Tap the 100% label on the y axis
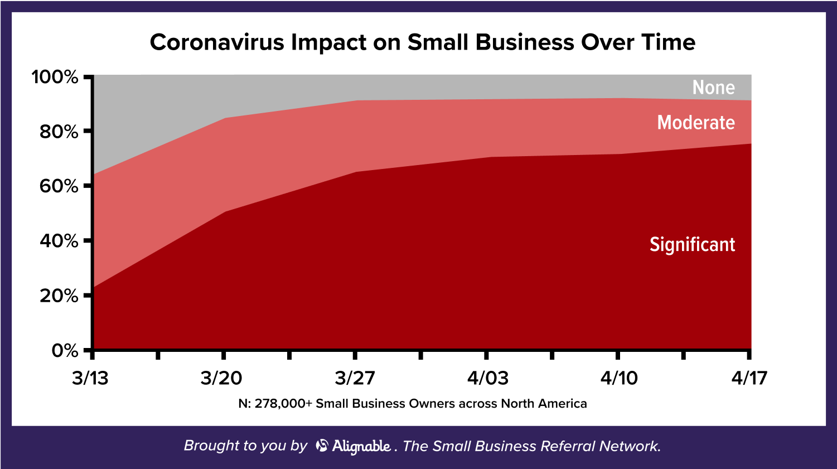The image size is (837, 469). (55, 77)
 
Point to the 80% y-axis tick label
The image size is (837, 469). (59, 132)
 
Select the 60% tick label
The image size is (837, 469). (59, 186)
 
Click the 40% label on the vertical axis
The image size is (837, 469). (59, 241)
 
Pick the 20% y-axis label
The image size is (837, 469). (59, 296)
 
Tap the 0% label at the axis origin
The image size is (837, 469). (65, 351)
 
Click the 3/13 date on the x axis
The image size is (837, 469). (90, 378)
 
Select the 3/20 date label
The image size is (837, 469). (221, 378)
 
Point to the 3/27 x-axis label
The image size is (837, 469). (355, 378)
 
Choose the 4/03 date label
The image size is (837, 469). (487, 378)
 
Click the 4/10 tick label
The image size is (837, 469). (619, 378)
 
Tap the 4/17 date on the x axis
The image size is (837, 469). (749, 378)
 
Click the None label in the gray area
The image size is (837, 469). (713, 88)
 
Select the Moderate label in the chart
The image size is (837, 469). (695, 123)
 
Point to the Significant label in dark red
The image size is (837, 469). (692, 245)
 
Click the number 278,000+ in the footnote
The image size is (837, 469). (283, 404)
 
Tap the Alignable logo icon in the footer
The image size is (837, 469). (322, 446)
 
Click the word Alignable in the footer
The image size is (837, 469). (361, 446)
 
